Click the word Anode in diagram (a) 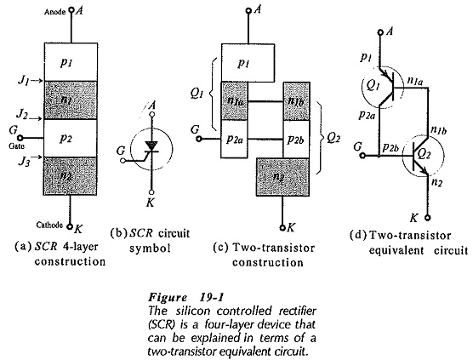pos(54,12)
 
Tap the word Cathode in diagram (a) pos(49,225)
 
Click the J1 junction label pos(23,81)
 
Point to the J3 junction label pos(24,162)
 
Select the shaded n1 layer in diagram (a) pos(71,100)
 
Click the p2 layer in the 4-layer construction pos(71,138)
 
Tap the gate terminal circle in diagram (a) pos(20,138)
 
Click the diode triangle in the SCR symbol pos(151,146)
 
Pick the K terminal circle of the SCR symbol pos(151,192)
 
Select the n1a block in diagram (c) pos(235,101)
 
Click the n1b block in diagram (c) pos(296,101)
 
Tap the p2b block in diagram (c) pos(296,139)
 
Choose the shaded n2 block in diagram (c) pos(283,177)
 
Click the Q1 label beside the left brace pos(197,94)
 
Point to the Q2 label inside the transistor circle pos(424,154)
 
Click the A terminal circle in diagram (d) pos(380,32)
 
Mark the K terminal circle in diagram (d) pos(427,217)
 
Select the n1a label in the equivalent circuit pos(415,80)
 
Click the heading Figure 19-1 pos(185,297)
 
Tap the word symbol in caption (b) pos(151,249)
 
